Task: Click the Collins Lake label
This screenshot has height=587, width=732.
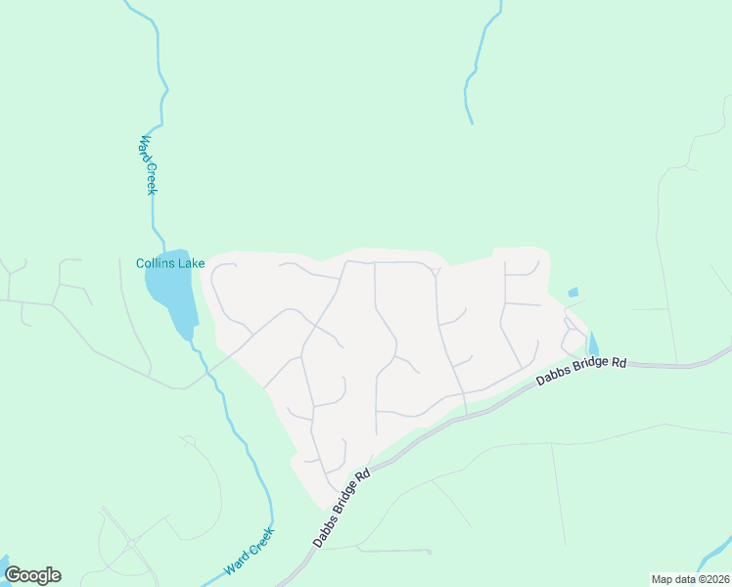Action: coord(170,263)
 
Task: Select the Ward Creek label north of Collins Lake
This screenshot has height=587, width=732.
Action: coord(147,164)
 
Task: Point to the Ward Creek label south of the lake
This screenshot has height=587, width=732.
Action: coord(249,553)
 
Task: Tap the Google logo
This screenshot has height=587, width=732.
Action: coord(32,575)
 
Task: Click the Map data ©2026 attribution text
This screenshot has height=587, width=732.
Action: coord(690,579)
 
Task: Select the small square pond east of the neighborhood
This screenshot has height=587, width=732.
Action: coord(572,292)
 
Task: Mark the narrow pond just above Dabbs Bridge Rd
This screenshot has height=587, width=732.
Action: coord(593,344)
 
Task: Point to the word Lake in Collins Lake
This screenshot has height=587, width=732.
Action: coord(192,263)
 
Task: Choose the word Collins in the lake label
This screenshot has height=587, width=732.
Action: coord(156,263)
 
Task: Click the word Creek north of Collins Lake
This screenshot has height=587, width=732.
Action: coord(150,177)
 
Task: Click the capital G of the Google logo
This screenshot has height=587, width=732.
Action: coord(13,575)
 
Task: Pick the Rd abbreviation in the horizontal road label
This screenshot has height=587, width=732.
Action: coord(618,362)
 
